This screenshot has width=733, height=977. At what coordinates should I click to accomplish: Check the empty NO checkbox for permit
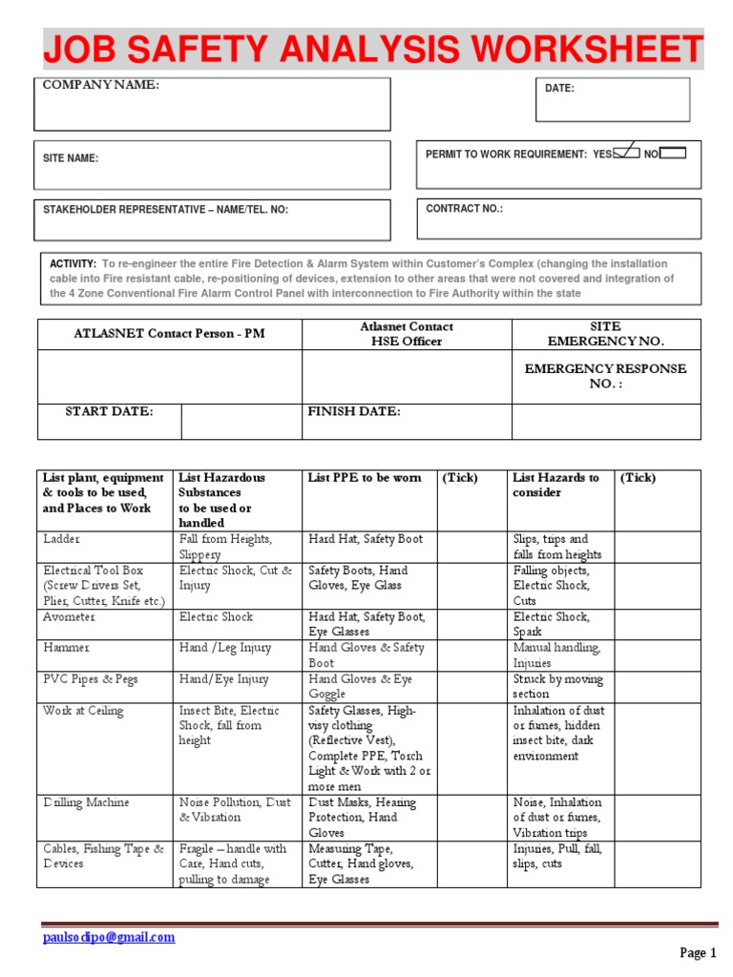tap(672, 152)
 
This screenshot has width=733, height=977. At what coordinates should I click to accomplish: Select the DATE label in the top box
tap(559, 88)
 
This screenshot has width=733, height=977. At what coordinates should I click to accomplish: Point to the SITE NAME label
tap(71, 159)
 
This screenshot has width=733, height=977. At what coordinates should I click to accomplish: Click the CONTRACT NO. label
tap(464, 209)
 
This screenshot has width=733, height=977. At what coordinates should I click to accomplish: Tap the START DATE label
tap(109, 411)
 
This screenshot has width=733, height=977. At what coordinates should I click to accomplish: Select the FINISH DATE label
tap(353, 411)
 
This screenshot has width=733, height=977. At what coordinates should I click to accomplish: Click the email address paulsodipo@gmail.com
tap(109, 937)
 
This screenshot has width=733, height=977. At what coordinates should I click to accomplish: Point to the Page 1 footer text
tap(698, 952)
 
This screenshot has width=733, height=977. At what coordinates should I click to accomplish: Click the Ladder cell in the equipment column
tap(62, 539)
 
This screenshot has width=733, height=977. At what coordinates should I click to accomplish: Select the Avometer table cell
tap(70, 616)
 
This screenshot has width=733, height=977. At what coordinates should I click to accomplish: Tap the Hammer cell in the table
tap(67, 647)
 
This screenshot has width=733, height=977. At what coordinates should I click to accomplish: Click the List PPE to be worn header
tap(364, 478)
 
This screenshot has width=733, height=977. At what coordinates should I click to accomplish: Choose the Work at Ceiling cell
tap(83, 710)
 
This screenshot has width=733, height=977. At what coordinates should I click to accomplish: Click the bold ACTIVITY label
tap(73, 263)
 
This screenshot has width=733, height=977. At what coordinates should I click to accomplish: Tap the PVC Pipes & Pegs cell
tap(89, 678)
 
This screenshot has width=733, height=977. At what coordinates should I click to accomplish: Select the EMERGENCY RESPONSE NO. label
tap(606, 376)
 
